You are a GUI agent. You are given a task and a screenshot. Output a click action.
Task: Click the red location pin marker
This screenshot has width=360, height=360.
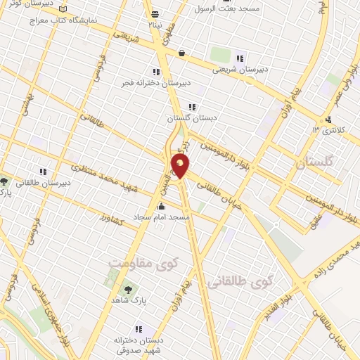click(181, 167)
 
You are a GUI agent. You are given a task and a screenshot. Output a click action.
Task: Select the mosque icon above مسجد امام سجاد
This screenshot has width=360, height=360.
click(162, 207)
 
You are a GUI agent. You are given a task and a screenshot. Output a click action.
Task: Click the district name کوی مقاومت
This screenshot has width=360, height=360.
click(141, 262)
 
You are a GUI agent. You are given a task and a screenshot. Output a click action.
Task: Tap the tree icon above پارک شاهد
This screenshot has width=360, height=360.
click(128, 289)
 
